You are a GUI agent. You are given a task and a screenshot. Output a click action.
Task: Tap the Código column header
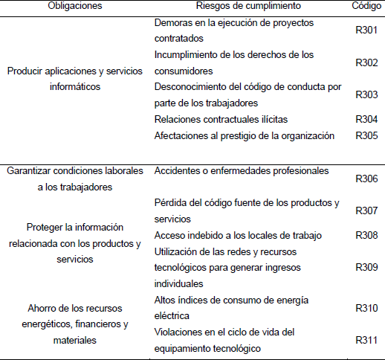click(366, 6)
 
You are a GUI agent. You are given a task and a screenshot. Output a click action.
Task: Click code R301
click(366, 30)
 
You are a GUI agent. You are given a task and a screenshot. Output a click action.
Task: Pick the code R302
click(366, 62)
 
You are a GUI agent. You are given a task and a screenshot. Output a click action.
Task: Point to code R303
click(366, 95)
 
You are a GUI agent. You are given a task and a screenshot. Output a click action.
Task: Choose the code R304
click(366, 119)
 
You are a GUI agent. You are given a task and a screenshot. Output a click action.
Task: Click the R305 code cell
click(366, 135)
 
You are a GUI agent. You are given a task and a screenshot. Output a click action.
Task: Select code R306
click(366, 179)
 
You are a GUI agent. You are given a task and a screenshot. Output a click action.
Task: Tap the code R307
click(366, 211)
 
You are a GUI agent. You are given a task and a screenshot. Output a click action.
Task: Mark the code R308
click(366, 235)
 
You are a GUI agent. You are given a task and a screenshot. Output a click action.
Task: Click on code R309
click(366, 268)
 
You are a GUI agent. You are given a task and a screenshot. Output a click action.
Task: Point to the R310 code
click(366, 308)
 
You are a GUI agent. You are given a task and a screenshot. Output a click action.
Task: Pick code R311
click(366, 341)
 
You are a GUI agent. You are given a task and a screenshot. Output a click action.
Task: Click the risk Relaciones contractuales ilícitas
click(221, 119)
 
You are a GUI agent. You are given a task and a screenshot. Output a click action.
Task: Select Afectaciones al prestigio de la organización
click(245, 135)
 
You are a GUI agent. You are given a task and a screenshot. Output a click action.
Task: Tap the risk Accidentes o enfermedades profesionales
click(241, 171)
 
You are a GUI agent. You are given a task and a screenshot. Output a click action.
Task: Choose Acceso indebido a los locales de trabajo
click(238, 235)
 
